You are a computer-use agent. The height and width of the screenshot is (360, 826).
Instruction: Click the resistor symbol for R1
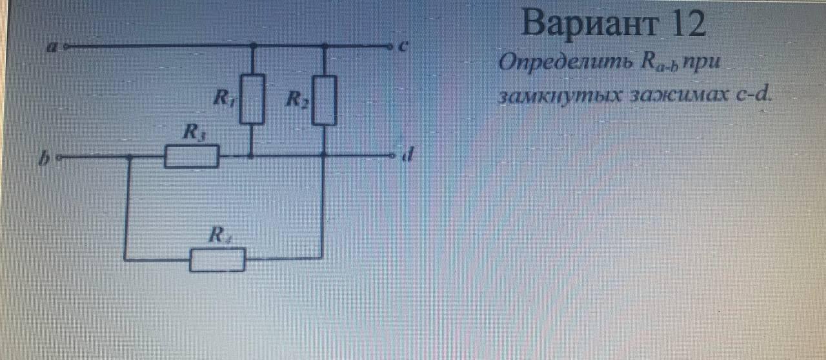pyautogui.click(x=252, y=98)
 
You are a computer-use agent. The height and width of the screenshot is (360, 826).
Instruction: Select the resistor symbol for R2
pyautogui.click(x=324, y=100)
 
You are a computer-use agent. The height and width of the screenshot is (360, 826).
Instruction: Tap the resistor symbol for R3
pyautogui.click(x=191, y=157)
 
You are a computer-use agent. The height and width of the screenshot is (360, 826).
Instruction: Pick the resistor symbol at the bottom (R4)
pyautogui.click(x=217, y=260)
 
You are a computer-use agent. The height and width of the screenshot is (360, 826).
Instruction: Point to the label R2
pyautogui.click(x=296, y=99)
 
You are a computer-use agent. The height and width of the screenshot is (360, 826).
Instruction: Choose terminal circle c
pyautogui.click(x=389, y=46)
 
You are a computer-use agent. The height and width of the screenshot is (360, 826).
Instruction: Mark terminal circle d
pyautogui.click(x=391, y=156)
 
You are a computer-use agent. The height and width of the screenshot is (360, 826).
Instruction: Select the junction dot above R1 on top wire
pyautogui.click(x=252, y=46)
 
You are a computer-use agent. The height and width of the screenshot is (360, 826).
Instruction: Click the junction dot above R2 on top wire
pyautogui.click(x=324, y=46)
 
